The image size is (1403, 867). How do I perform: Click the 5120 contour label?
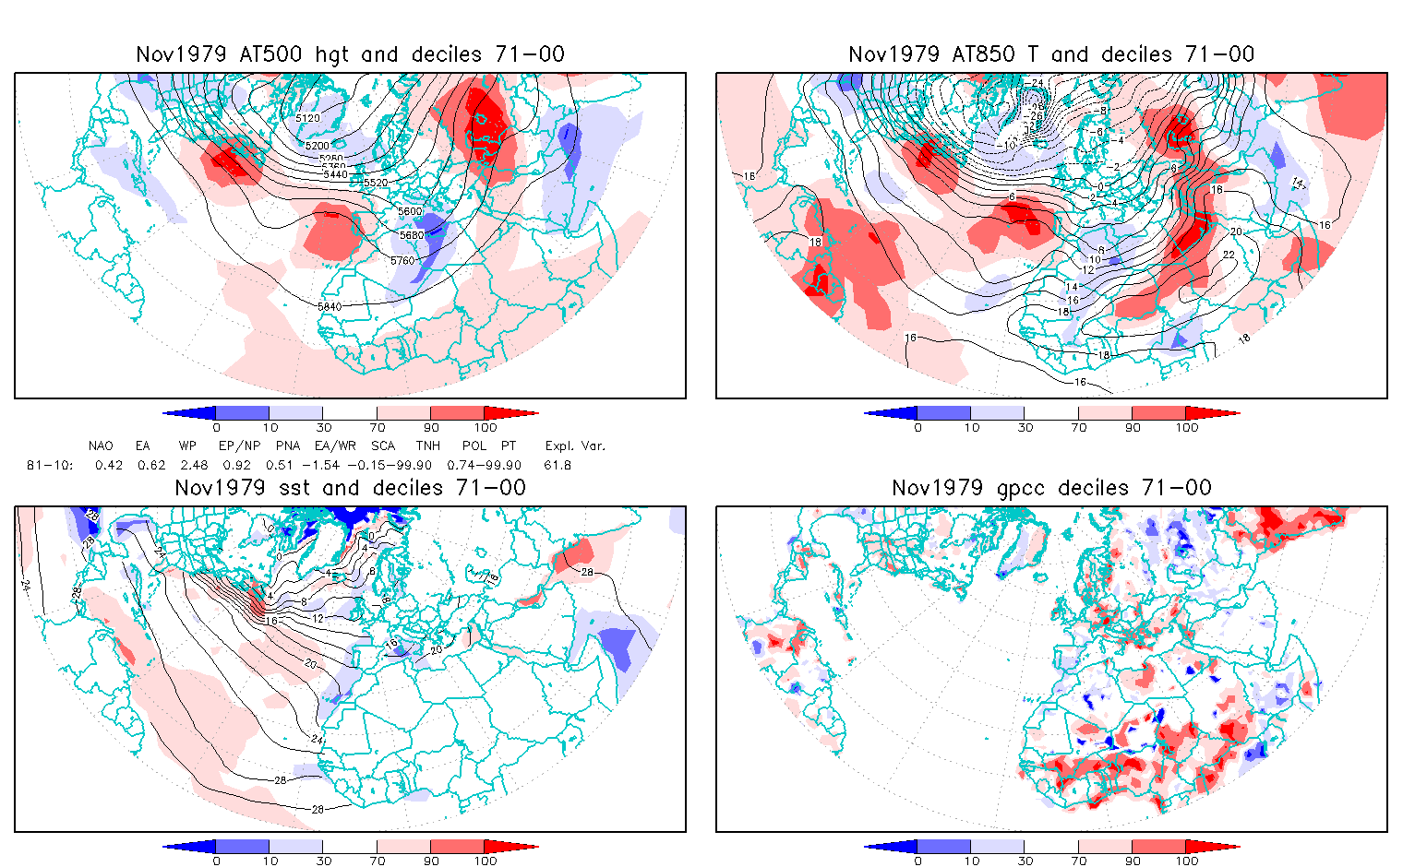point(307,118)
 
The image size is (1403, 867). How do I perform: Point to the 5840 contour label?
point(330,306)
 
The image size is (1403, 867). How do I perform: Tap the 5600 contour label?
point(410,211)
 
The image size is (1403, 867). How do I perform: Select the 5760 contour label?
point(402,261)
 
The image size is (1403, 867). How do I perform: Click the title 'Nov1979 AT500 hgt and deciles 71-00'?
point(350,54)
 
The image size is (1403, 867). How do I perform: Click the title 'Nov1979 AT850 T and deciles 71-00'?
point(1051,54)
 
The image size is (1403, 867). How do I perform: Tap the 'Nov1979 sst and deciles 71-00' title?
point(350,488)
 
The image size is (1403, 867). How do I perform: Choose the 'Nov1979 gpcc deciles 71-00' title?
point(1051,488)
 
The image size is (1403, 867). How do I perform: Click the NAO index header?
point(101,446)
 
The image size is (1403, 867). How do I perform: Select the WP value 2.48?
point(193,466)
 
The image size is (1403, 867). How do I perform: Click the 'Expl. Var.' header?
point(575,446)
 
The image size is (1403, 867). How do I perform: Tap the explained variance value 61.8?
point(558,466)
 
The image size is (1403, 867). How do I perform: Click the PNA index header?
point(287,446)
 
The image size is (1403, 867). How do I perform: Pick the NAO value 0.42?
point(109,466)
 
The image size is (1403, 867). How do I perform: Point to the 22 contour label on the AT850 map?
point(1229,255)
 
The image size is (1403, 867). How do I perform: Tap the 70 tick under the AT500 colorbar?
point(377,428)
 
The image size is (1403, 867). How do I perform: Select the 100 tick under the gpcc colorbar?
point(1187,861)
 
